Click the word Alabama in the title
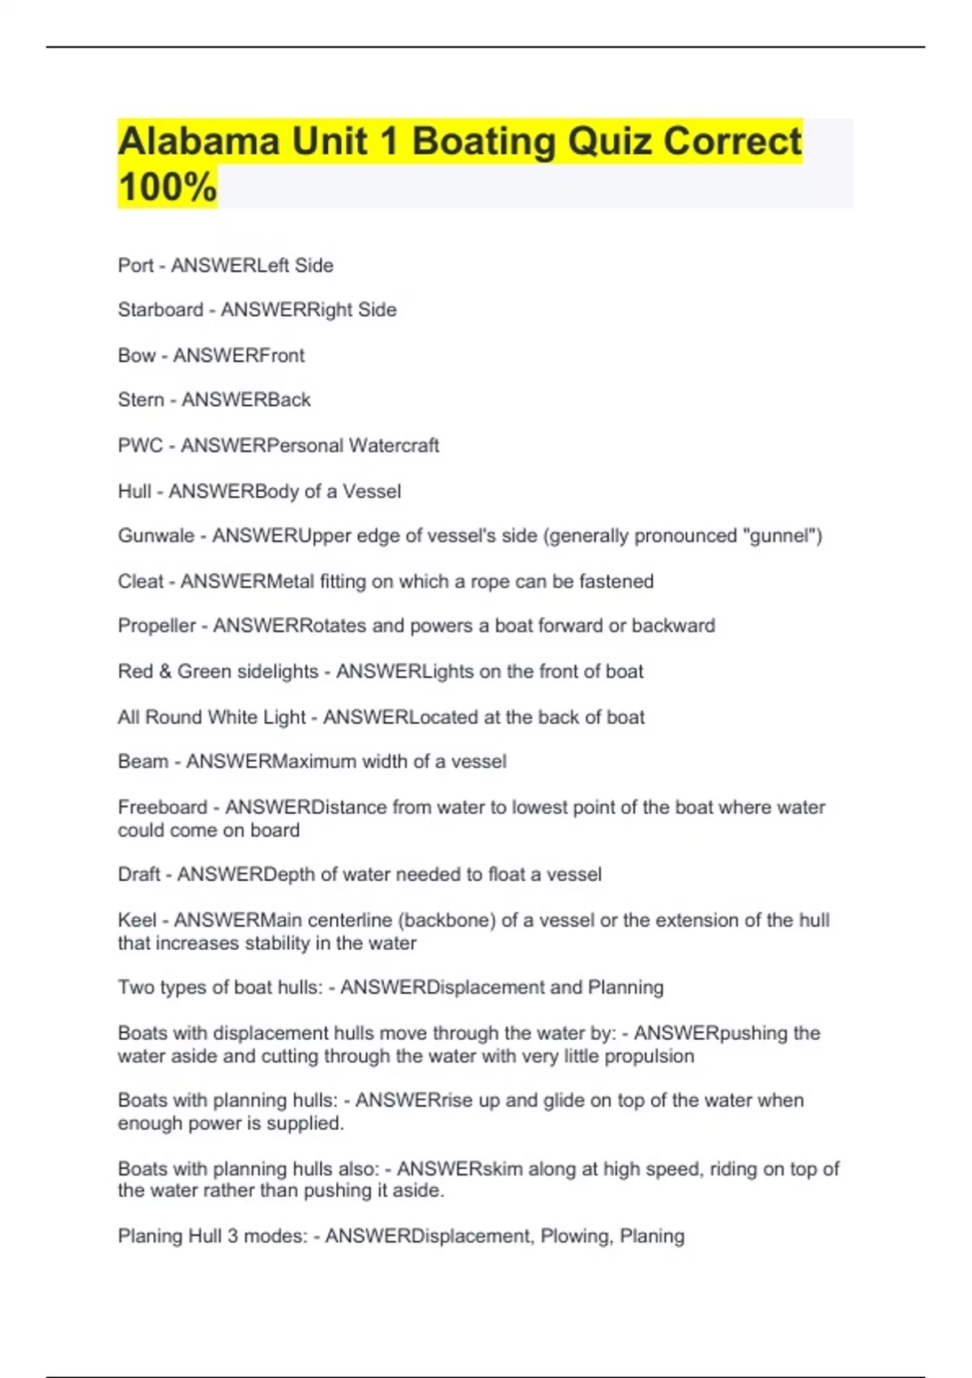point(198,141)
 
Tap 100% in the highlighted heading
point(168,186)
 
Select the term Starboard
point(160,310)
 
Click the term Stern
point(141,400)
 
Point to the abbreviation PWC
point(140,445)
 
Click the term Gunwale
point(156,536)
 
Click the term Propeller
point(157,626)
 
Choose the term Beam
point(143,761)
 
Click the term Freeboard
point(163,807)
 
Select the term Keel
point(137,920)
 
